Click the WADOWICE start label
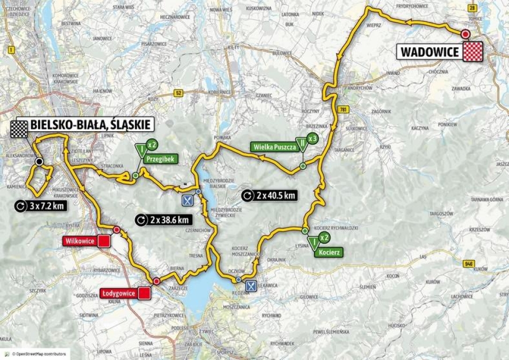click(429, 52)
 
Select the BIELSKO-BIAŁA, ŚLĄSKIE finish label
click(92, 125)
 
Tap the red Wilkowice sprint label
click(80, 241)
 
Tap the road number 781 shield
click(341, 109)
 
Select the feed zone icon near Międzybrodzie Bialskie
click(188, 201)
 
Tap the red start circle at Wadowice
click(465, 34)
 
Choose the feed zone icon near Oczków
click(251, 285)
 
